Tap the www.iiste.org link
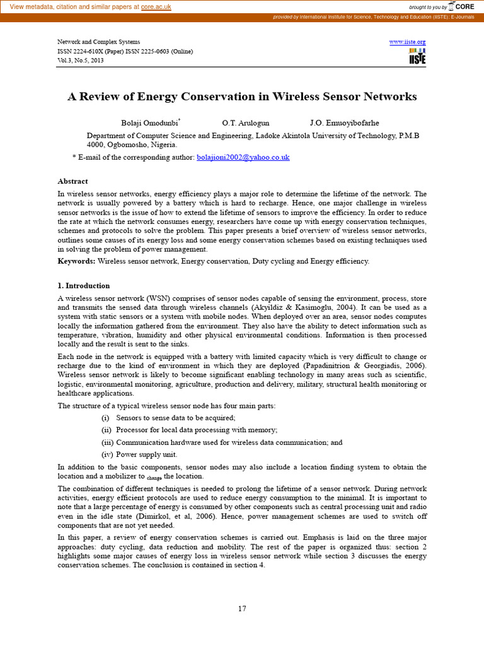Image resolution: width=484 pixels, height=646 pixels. click(x=407, y=42)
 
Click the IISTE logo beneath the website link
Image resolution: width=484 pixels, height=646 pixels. click(x=417, y=56)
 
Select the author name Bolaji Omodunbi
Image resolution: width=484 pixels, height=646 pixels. click(x=149, y=122)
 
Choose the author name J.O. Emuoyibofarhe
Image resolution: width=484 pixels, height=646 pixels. click(x=344, y=122)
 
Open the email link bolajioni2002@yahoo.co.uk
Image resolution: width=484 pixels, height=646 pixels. click(x=243, y=157)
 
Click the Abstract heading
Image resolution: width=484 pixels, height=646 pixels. click(x=72, y=181)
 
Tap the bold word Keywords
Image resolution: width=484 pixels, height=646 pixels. click(x=77, y=261)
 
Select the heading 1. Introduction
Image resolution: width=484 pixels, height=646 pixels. click(x=83, y=286)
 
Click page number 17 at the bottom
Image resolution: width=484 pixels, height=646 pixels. click(x=242, y=608)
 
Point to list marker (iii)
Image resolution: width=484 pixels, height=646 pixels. click(x=107, y=442)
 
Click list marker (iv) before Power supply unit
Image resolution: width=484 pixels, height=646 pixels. click(x=107, y=454)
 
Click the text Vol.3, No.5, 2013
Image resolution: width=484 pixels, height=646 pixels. click(x=81, y=61)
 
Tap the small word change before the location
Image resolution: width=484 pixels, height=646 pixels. click(x=154, y=478)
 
